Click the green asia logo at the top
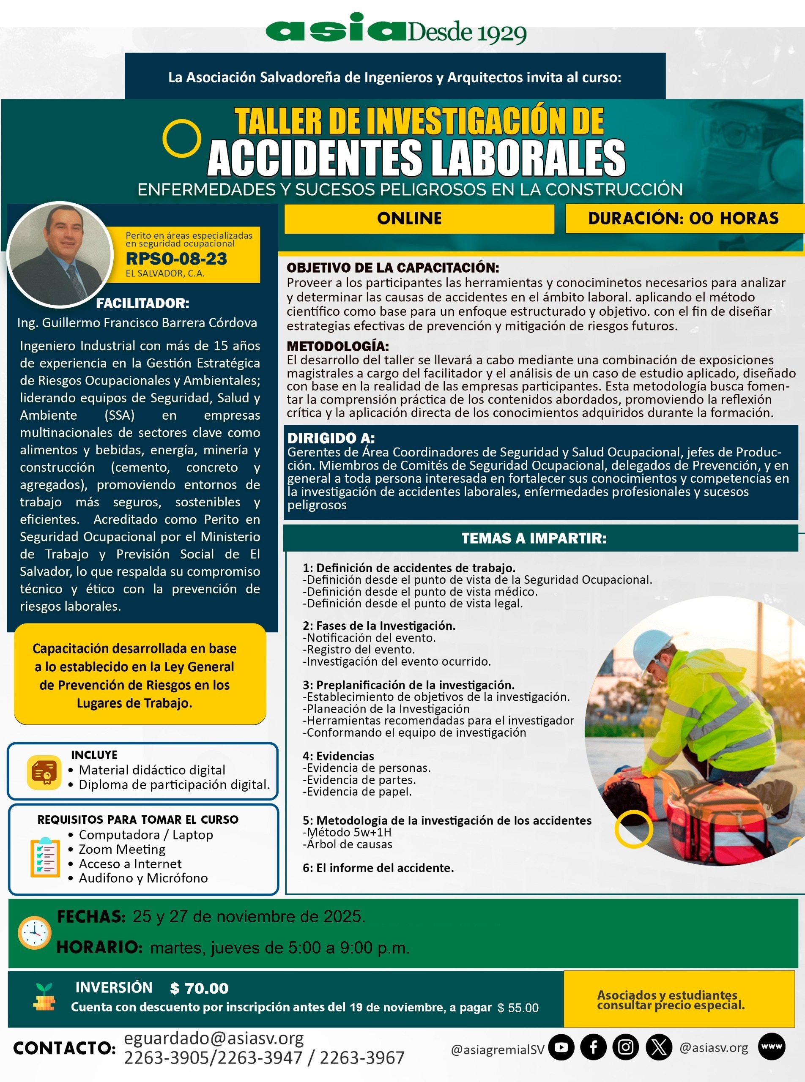336,29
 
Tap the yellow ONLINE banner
419,218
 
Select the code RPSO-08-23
176,259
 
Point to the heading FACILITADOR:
142,303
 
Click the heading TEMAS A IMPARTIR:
534,538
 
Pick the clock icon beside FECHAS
35,932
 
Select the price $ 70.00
199,989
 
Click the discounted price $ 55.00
518,1008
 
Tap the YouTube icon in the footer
561,1047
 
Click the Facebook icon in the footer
594,1047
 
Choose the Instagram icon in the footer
626,1047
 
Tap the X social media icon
659,1047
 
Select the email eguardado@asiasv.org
214,1038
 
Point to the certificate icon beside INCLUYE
44,772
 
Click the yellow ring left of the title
181,138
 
